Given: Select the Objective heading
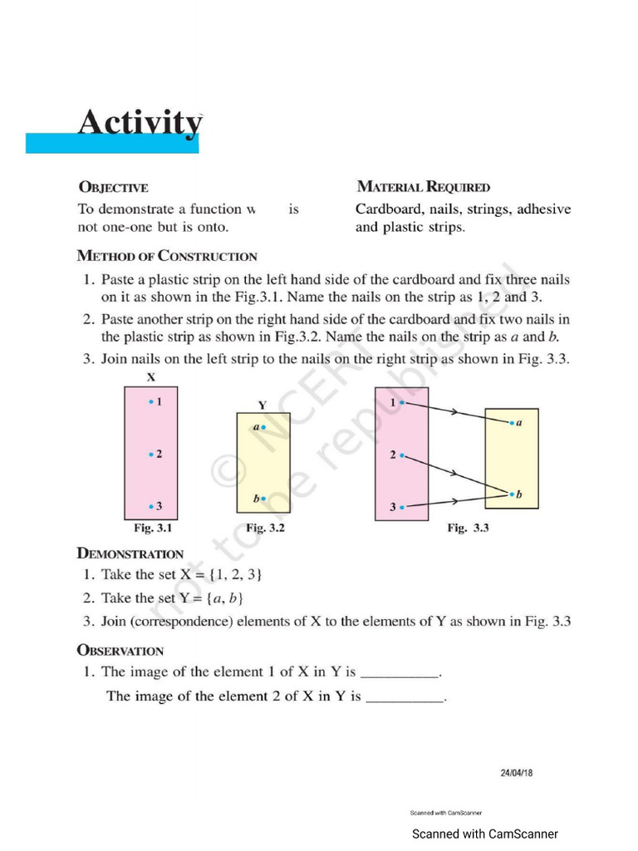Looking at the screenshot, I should click(113, 188).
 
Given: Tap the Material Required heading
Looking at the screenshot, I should click(423, 187).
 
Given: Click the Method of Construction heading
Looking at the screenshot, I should click(167, 256).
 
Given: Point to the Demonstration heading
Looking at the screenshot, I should click(130, 553).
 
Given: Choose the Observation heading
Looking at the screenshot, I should click(120, 651).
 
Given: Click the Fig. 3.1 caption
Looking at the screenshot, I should click(153, 528).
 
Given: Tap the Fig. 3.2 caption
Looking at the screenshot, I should click(266, 528).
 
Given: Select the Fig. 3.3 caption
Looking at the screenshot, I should click(468, 528).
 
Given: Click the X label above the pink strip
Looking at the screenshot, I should click(151, 377).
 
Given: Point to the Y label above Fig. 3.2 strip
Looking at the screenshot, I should click(262, 405).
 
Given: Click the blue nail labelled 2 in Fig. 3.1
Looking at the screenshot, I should click(150, 455).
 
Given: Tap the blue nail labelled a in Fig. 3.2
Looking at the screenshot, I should click(263, 427).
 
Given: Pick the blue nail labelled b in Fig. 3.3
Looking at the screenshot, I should click(512, 494).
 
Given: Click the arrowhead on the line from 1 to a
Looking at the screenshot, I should click(455, 412).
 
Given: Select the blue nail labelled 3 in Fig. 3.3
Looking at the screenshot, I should click(401, 507).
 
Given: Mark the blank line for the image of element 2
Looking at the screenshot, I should click(405, 698).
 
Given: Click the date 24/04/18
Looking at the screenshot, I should click(516, 773).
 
